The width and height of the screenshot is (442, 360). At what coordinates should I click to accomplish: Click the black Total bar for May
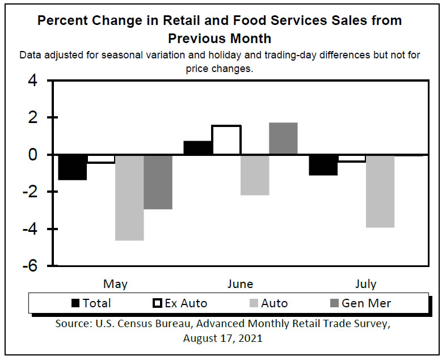[x=73, y=167]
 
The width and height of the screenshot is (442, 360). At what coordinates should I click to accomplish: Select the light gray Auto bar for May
[x=129, y=197]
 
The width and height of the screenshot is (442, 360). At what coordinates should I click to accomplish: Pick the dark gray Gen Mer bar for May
[x=158, y=182]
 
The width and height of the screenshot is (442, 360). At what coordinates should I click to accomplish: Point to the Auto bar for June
[x=255, y=175]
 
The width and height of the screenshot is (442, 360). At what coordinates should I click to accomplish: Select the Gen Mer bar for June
[x=283, y=138]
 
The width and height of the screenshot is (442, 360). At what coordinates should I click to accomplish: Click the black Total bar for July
[x=323, y=165]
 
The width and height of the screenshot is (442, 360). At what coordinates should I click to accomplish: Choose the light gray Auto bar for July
[x=380, y=191]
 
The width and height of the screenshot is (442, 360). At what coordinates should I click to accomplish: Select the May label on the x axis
[x=115, y=284]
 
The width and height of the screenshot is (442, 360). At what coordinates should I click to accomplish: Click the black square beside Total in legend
[x=75, y=303]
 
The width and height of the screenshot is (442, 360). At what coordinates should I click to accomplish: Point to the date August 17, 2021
[x=222, y=338]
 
